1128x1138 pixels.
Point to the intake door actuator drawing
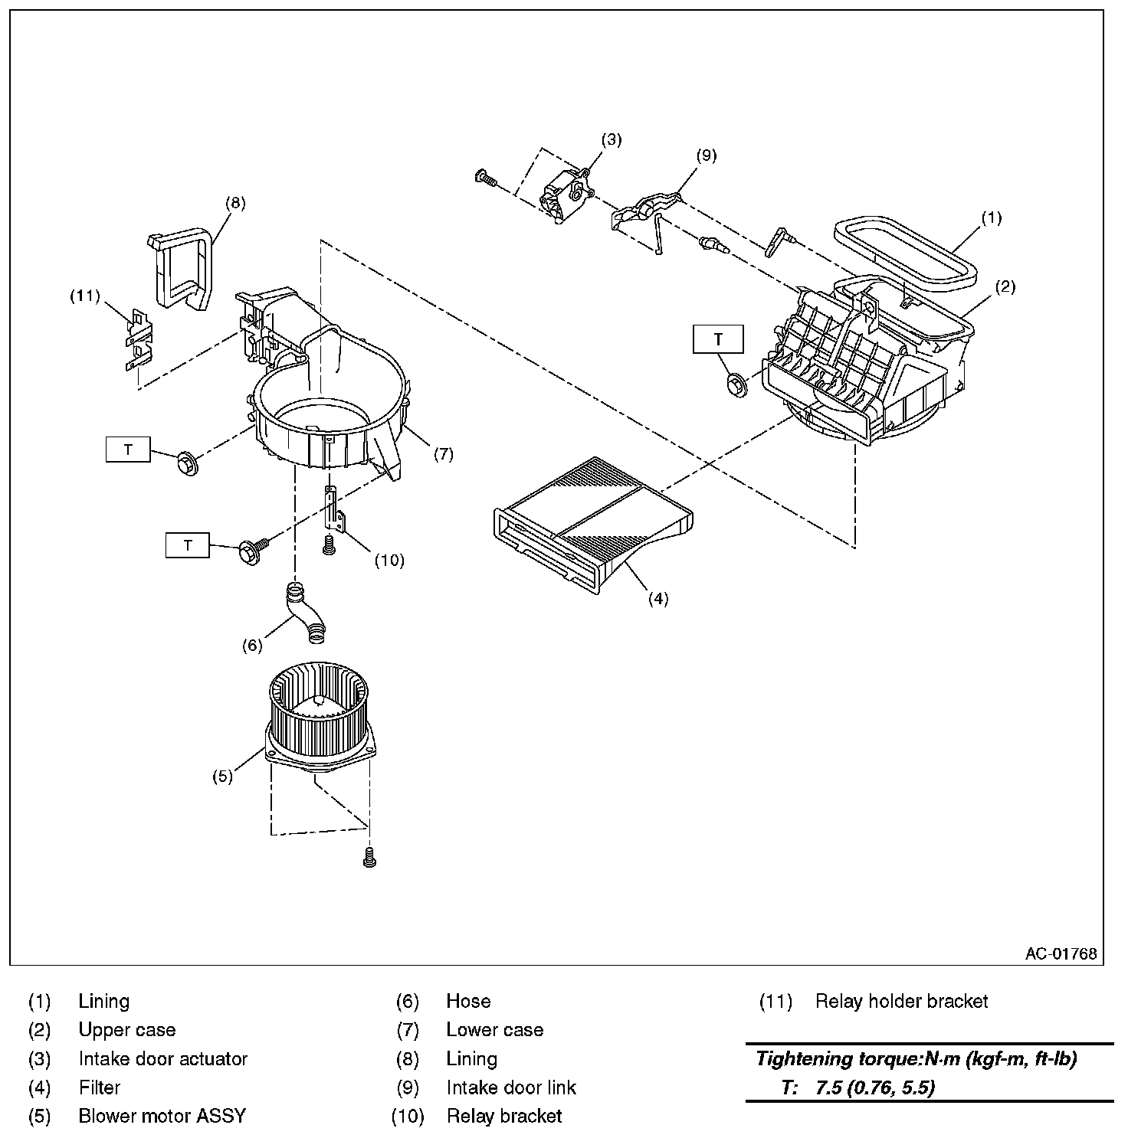tap(566, 195)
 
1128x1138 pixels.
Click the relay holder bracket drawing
tap(138, 339)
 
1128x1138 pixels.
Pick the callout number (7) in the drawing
tap(443, 454)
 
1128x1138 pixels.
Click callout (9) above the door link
tap(706, 155)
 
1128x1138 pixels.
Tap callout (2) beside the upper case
tap(1005, 286)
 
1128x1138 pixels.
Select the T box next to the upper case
tap(718, 339)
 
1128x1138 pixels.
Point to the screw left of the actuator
tap(486, 179)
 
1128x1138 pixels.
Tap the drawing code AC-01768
tap(1061, 953)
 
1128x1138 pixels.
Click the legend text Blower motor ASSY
tap(162, 1116)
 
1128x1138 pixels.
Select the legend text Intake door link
tap(511, 1087)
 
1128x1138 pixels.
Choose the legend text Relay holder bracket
tap(902, 1001)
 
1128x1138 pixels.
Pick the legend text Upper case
tap(127, 1030)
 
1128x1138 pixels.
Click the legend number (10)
tap(407, 1117)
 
